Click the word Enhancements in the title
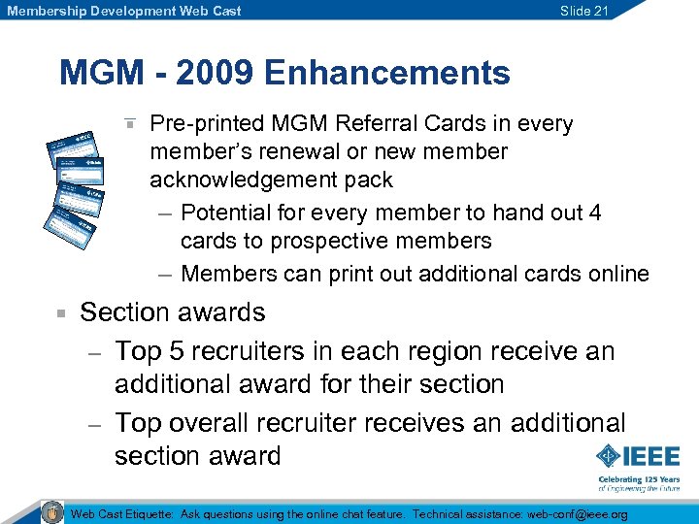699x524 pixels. point(386,74)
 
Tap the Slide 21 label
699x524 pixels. point(584,11)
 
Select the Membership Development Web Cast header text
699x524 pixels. point(124,11)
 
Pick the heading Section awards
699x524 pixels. point(172,312)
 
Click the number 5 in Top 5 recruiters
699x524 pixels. point(178,350)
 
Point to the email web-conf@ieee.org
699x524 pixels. point(577,514)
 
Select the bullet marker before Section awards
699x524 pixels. point(60,313)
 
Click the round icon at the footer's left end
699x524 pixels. point(52,512)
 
